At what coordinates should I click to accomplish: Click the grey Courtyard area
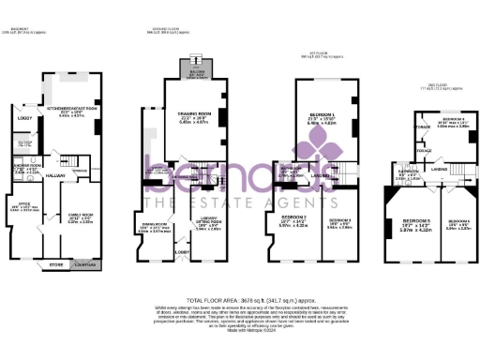click(x=84, y=265)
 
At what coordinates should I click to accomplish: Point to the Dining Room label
click(x=155, y=223)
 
